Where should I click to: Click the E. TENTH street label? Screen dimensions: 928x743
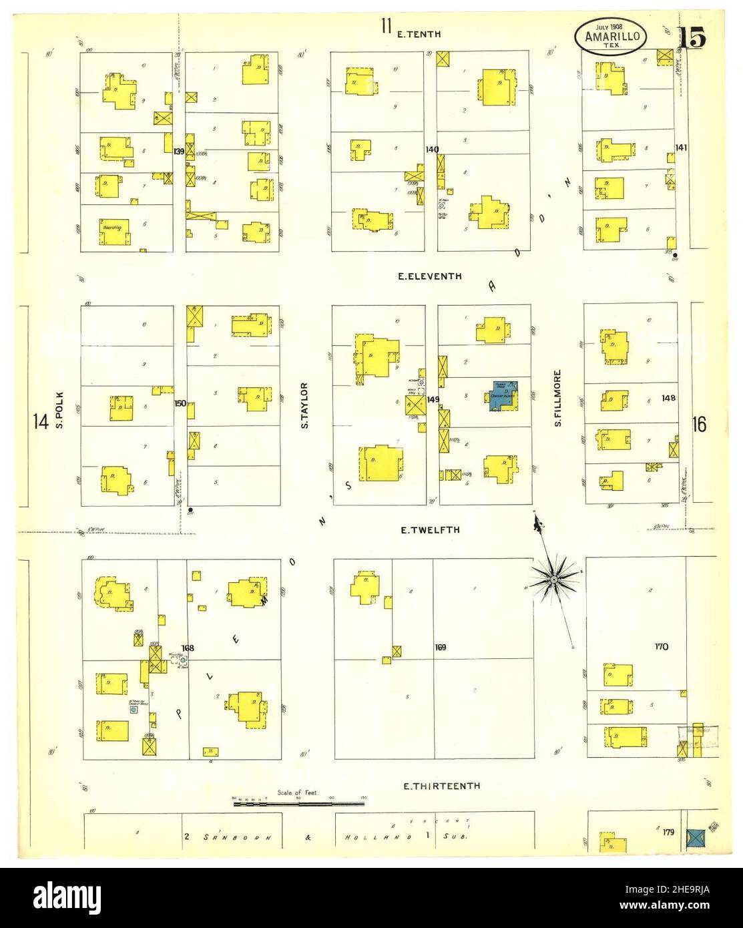point(419,34)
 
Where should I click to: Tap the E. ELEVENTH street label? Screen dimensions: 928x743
point(429,276)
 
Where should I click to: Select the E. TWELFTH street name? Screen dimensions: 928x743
point(430,530)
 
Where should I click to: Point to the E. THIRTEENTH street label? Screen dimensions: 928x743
point(441,786)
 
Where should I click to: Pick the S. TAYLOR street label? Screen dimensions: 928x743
point(304,405)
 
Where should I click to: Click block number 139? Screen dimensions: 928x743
point(178,152)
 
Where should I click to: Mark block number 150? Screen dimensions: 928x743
point(180,403)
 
